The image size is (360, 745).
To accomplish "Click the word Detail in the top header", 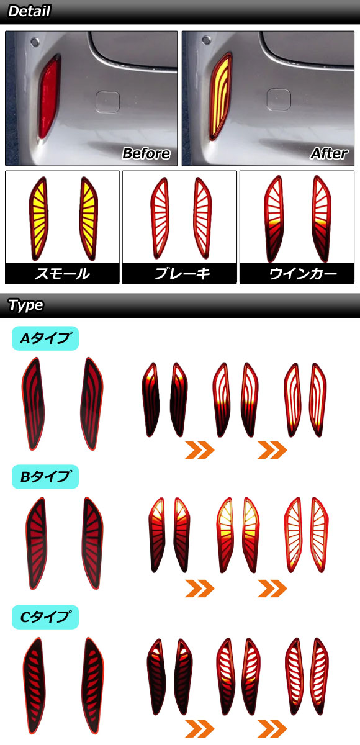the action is pyautogui.click(x=29, y=11).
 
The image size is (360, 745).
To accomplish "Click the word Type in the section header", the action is pyautogui.click(x=25, y=305).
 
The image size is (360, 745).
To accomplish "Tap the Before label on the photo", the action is pyautogui.click(x=146, y=153).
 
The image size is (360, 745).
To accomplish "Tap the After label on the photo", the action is pyautogui.click(x=329, y=153).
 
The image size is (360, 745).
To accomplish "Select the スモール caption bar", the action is pyautogui.click(x=62, y=273).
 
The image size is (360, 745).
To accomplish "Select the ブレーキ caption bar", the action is pyautogui.click(x=179, y=273).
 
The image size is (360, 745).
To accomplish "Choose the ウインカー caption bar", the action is pyautogui.click(x=297, y=273).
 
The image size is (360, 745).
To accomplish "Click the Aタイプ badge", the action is pyautogui.click(x=45, y=338).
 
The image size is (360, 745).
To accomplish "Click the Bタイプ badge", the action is pyautogui.click(x=45, y=477).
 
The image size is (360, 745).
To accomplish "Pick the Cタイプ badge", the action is pyautogui.click(x=45, y=617).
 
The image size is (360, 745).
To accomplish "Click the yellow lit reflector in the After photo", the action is pyautogui.click(x=221, y=96).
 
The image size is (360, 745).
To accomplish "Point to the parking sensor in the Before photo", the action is pyautogui.click(x=34, y=42).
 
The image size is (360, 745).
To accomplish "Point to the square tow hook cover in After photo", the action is pyautogui.click(x=279, y=100).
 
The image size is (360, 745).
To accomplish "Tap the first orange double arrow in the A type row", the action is pyautogui.click(x=200, y=450).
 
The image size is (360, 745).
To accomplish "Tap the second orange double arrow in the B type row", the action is pyautogui.click(x=272, y=589).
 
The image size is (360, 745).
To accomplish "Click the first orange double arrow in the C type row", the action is pyautogui.click(x=200, y=728).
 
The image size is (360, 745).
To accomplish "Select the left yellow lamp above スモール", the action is pyautogui.click(x=38, y=219).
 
